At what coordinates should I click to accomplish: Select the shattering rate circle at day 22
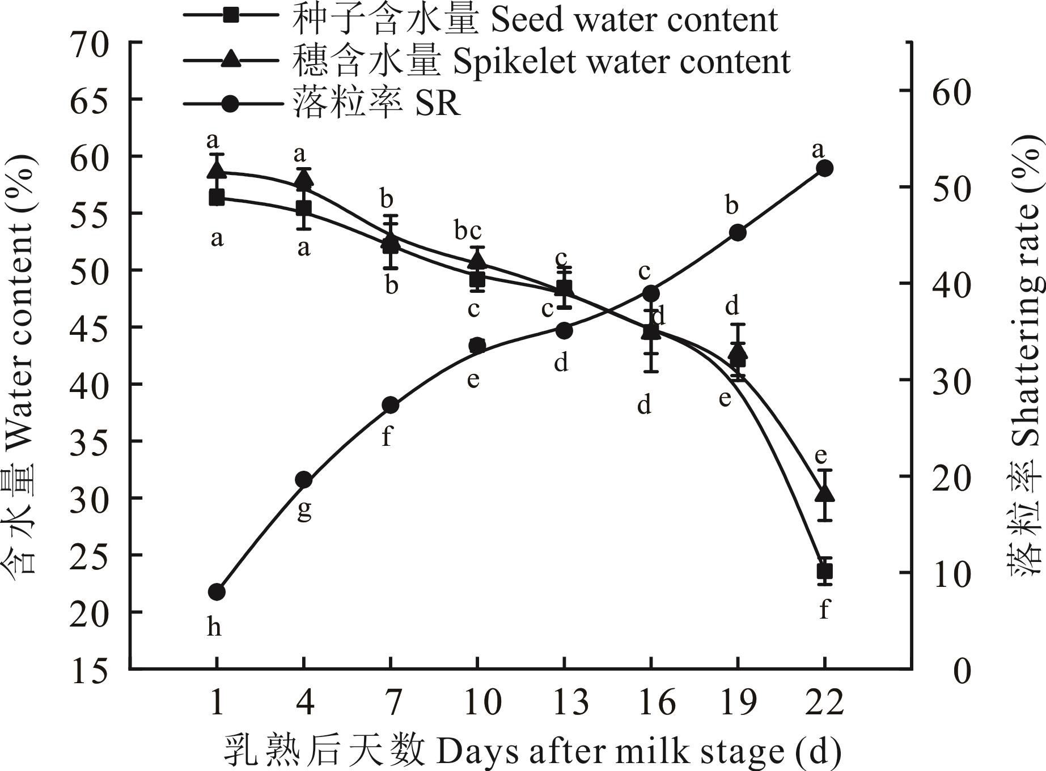824,168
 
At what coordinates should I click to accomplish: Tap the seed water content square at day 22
824,571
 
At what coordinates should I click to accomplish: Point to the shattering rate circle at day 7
391,405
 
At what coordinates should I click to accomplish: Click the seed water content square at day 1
217,198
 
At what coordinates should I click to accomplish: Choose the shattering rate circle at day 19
738,232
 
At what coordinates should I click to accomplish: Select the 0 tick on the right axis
963,671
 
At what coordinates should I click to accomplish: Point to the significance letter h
214,627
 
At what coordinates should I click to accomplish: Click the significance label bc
468,231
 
